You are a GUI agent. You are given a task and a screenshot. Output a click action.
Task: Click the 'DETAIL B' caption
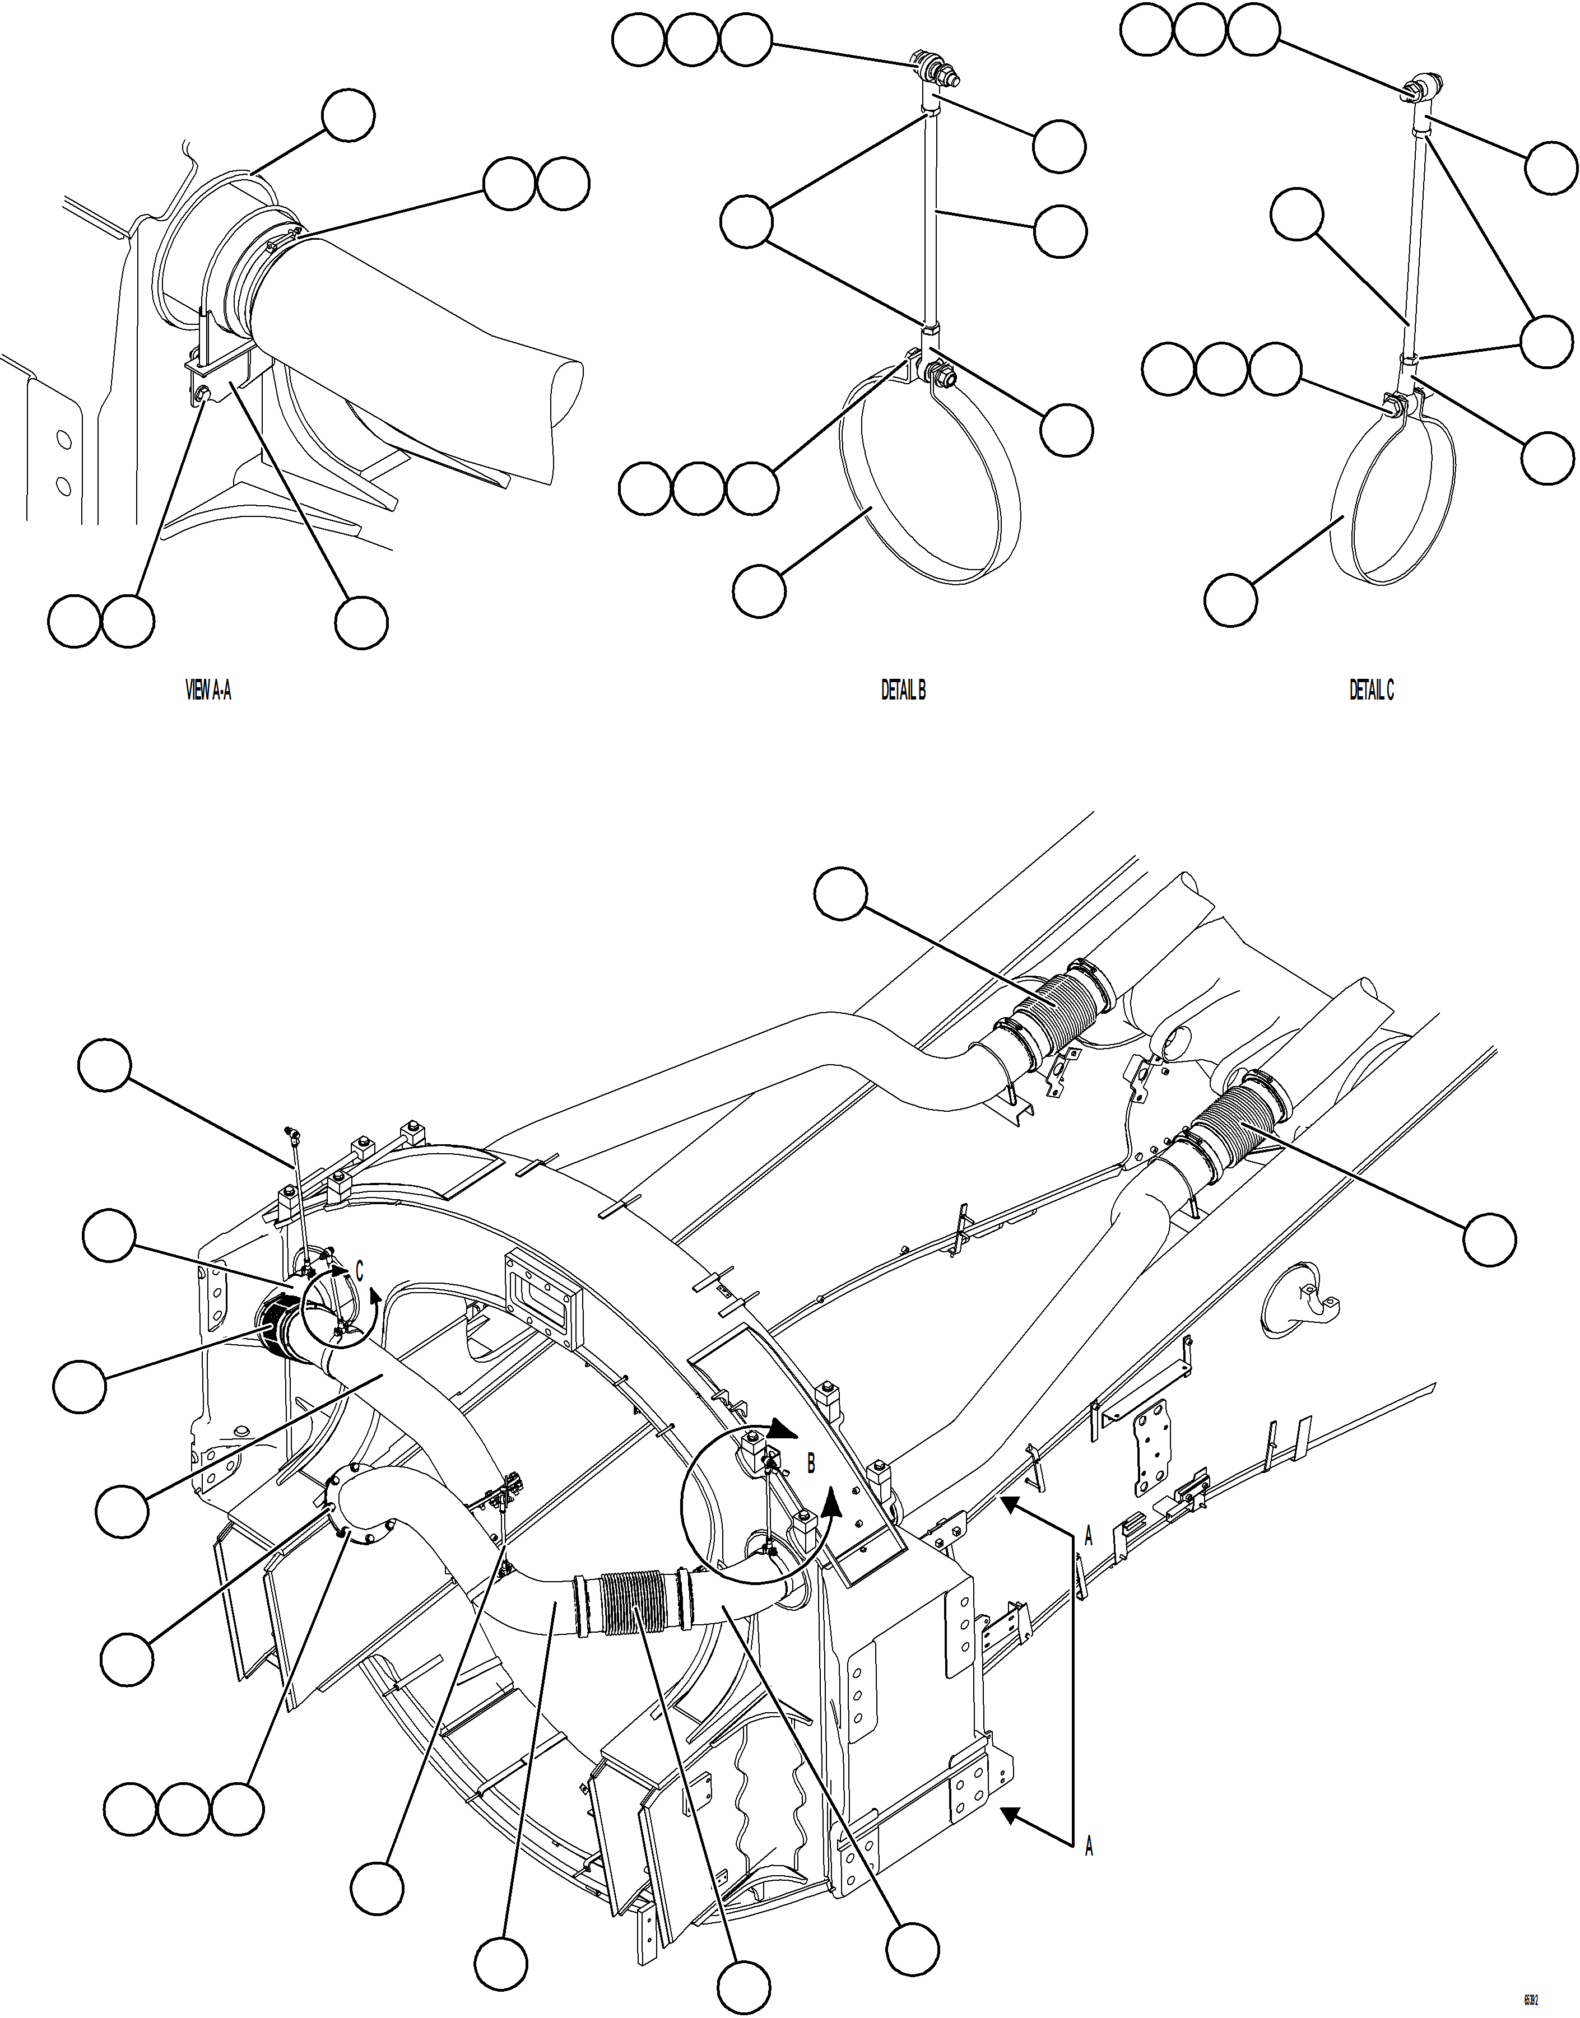(903, 690)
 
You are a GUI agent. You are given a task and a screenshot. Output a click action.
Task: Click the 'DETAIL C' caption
(1371, 690)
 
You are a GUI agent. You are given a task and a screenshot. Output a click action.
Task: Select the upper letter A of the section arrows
(1089, 1537)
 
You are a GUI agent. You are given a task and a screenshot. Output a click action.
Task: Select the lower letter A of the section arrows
(1089, 1847)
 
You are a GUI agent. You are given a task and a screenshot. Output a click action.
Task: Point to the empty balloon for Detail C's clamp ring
(1230, 599)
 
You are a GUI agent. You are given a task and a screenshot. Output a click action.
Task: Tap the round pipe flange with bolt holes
(356, 1506)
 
